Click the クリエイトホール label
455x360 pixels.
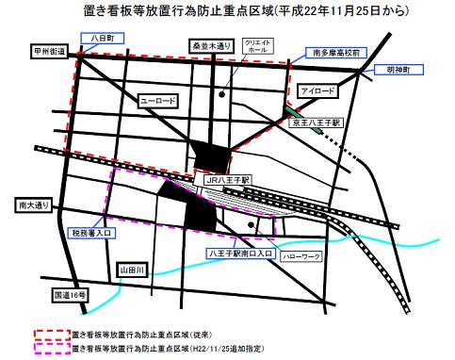[x=257, y=49]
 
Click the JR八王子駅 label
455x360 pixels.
[x=225, y=177]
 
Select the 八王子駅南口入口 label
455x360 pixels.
[x=240, y=254]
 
